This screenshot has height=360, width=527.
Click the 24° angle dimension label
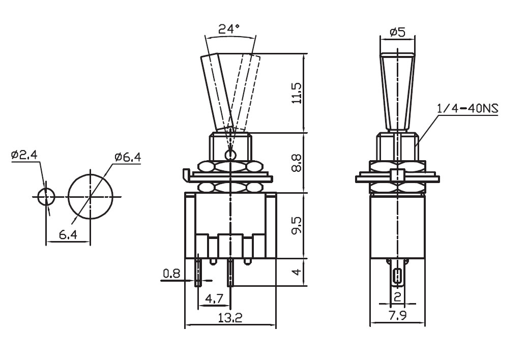coord(228,29)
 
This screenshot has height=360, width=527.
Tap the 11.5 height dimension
coord(297,93)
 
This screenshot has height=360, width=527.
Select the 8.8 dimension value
coord(297,163)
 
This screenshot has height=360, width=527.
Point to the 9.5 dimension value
coord(297,226)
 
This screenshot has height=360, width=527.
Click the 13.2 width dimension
coord(230,319)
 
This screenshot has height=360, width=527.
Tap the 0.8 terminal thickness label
coord(171,274)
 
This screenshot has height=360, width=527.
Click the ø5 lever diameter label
coord(397,33)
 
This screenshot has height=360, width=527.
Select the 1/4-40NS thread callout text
coord(467,109)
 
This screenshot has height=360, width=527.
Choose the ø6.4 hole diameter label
coord(128,157)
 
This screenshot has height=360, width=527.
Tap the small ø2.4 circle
coord(45,196)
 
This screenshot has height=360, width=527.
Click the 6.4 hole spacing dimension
coord(68,234)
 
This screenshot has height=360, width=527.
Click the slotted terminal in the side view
coord(397,276)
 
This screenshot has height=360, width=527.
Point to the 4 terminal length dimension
coord(297,273)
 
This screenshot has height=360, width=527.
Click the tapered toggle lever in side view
coord(397,92)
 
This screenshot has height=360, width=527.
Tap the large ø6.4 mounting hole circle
coord(91,196)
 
